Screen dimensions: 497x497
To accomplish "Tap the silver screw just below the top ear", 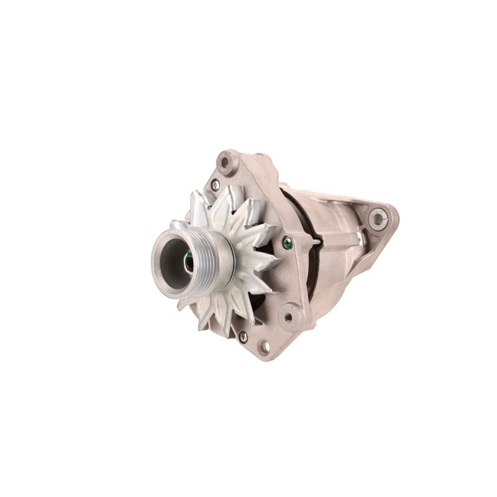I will [x=214, y=183].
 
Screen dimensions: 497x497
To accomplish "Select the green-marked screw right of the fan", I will [x=286, y=244].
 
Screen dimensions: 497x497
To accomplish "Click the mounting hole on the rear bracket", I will [x=377, y=218].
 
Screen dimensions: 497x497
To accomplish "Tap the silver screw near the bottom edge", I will [x=243, y=335].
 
